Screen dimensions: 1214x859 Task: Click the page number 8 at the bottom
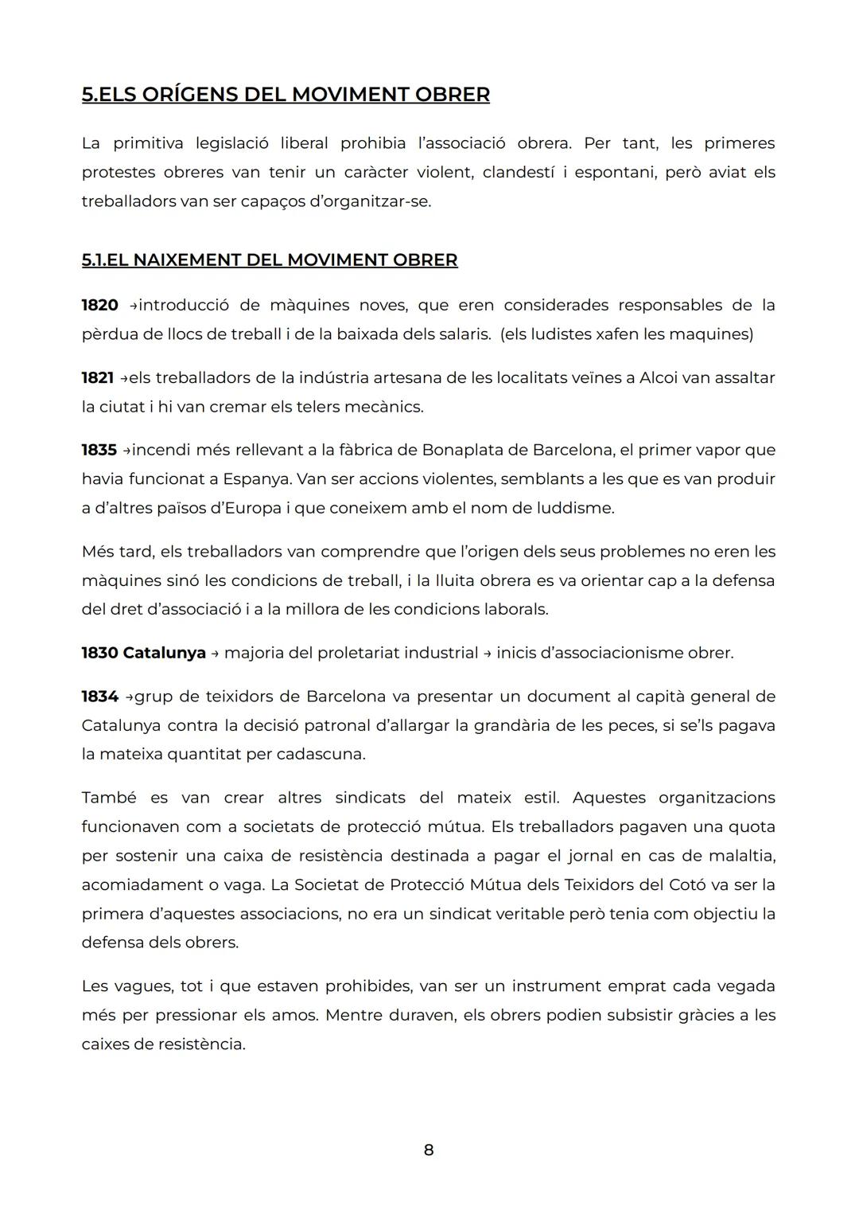[429, 1150]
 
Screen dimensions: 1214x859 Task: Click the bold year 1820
[100, 305]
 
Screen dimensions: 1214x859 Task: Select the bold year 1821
[98, 377]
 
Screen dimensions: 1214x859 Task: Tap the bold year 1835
[99, 450]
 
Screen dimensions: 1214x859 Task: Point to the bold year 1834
[100, 697]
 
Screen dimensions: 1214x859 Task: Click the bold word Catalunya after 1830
[165, 653]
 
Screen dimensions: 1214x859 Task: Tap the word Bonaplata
[458, 450]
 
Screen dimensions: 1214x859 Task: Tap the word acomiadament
[131, 884]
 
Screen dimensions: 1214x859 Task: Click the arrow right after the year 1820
[133, 306]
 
